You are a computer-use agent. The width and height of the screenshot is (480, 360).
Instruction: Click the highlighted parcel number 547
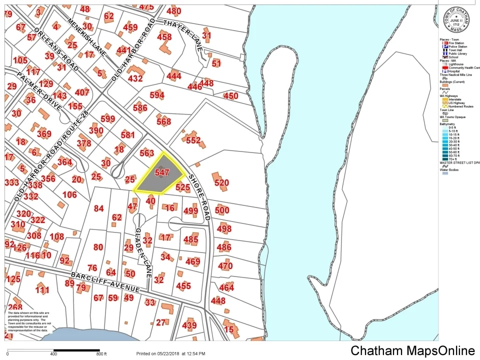161,172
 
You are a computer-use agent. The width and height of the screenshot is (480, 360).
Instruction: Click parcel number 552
193,141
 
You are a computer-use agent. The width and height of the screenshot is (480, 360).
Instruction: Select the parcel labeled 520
221,183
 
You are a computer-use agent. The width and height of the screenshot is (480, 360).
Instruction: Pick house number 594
156,95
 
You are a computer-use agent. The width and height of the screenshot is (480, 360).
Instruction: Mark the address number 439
189,325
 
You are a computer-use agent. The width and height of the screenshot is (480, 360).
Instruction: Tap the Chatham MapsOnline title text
412,351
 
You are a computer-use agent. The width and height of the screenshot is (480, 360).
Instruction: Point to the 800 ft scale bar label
101,354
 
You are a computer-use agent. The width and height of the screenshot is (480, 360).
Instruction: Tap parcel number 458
164,36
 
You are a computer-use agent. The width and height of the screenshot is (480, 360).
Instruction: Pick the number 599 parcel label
107,118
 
